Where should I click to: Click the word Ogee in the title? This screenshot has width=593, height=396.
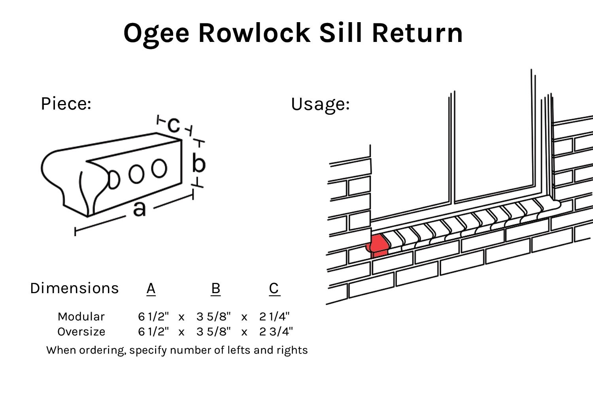click(156, 34)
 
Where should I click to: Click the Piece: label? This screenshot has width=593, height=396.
click(66, 104)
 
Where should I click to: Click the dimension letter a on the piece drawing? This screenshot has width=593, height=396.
click(139, 208)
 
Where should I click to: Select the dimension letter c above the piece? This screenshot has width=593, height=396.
click(174, 125)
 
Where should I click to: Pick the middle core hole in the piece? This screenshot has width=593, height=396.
click(136, 174)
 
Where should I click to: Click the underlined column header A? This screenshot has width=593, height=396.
click(151, 288)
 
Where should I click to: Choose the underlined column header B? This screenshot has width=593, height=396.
click(215, 288)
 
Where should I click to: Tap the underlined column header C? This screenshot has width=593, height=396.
click(274, 288)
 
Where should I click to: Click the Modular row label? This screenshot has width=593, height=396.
click(81, 316)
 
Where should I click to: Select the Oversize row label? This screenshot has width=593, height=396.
click(81, 332)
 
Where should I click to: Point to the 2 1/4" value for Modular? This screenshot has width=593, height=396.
click(274, 316)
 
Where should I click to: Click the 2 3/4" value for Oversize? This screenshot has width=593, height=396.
click(276, 332)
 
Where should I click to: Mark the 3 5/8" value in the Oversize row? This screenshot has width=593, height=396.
click(213, 332)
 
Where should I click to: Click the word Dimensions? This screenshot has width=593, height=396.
click(74, 288)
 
